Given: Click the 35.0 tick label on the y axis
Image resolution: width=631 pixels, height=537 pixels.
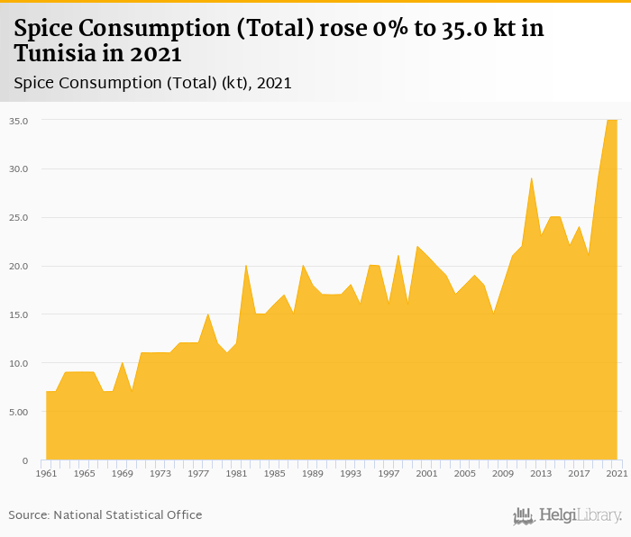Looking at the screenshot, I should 19,120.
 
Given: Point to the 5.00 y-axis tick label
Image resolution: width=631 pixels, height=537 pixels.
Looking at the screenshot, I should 19,412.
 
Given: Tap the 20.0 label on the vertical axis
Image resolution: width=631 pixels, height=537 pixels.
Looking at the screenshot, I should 19,266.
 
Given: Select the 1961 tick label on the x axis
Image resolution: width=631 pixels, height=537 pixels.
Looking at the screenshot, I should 46,473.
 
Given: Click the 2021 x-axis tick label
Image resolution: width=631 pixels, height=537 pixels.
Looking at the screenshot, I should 617,473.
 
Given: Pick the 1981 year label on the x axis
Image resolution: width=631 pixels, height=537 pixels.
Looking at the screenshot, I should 236,473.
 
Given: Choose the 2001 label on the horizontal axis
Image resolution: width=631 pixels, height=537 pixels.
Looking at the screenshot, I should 426,473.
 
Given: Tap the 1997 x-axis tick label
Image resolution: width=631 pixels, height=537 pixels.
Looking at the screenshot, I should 389,473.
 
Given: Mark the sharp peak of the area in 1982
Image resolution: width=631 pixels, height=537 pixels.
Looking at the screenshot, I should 246,266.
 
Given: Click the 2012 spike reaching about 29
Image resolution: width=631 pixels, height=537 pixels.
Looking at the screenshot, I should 532,178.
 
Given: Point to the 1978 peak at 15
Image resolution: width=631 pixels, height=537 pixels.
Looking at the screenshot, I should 208,314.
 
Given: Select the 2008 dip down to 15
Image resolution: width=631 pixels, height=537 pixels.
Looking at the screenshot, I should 493,314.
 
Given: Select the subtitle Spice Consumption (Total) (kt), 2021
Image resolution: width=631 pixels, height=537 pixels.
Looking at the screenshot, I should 152,83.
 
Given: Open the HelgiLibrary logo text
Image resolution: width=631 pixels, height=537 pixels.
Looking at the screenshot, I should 581,515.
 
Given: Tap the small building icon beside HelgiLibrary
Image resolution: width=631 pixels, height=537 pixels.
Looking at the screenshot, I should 524,515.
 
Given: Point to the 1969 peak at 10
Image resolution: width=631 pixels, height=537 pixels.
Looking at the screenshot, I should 123,363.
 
